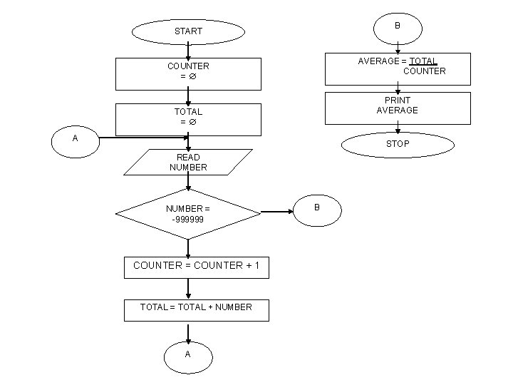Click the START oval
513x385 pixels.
tap(188, 31)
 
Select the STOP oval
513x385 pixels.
tap(398, 143)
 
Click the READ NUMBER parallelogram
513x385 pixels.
tap(188, 162)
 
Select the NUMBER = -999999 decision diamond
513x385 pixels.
tap(188, 214)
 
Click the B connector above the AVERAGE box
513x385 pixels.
tap(397, 26)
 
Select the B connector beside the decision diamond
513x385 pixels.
tap(317, 207)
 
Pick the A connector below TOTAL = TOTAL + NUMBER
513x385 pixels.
tap(188, 354)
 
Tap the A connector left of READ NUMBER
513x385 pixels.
tap(76, 139)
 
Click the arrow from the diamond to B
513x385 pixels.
tap(276, 212)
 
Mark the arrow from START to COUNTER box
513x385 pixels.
tap(188, 50)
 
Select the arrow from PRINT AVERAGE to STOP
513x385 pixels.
tap(398, 128)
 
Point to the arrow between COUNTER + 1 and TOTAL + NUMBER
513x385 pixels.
tap(188, 289)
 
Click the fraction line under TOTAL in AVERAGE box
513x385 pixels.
tap(423, 63)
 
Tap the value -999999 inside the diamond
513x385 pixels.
tap(188, 220)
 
